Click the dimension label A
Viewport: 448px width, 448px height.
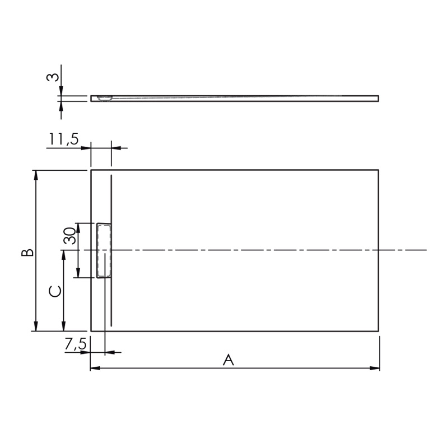click(228, 360)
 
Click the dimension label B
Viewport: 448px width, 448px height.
click(27, 253)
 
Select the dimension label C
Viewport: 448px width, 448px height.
click(55, 291)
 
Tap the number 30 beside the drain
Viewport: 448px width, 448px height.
click(69, 236)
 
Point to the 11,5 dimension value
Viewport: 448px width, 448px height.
click(64, 139)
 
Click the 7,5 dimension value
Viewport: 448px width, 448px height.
click(76, 344)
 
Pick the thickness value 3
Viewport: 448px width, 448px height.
click(53, 77)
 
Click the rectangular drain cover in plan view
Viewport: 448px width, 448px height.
click(104, 250)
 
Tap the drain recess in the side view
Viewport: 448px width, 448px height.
click(105, 99)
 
